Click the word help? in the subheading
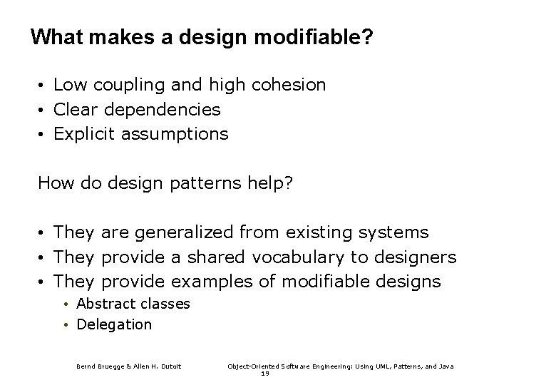[274, 184]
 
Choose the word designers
[416, 257]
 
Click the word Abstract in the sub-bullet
[105, 304]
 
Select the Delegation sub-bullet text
[114, 324]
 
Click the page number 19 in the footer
[264, 373]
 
